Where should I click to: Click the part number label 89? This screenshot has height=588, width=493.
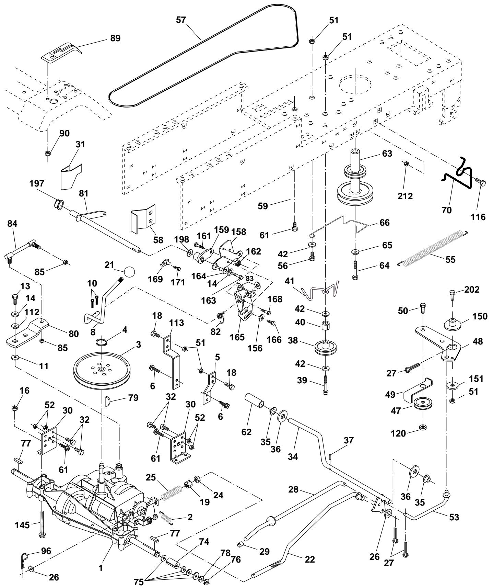pos(116,38)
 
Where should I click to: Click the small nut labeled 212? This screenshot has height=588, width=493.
pos(406,164)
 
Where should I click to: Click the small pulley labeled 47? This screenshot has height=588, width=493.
pos(423,403)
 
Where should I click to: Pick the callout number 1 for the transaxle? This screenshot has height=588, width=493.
pos(101,568)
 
